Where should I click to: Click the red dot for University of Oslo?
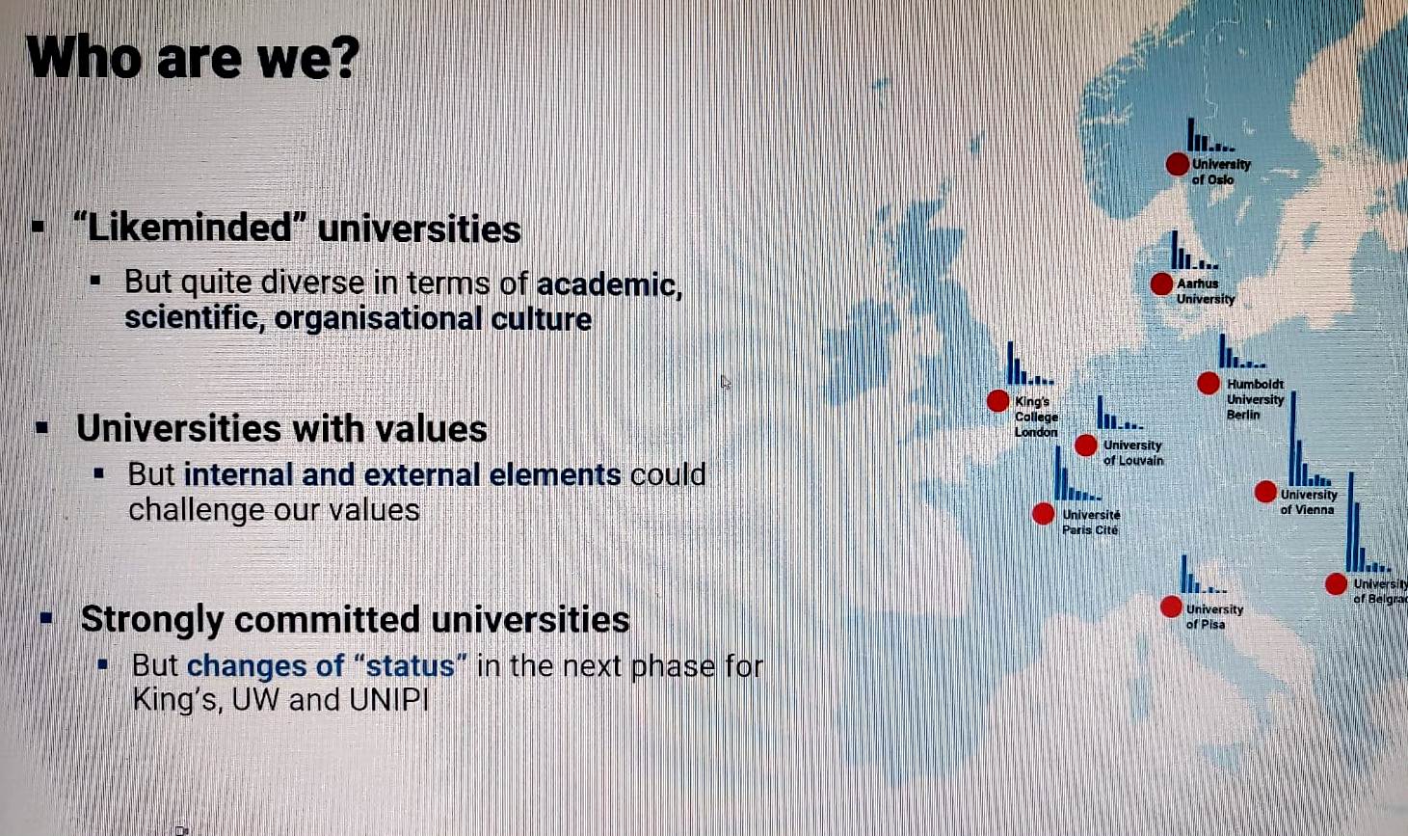point(1178,165)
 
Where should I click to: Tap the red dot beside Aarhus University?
point(1161,284)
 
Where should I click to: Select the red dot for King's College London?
point(997,401)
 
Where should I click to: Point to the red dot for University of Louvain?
point(1085,445)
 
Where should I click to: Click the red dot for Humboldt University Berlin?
point(1209,383)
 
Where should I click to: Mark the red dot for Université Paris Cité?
point(1044,514)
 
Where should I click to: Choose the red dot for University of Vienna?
point(1265,492)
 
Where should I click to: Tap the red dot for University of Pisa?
point(1170,607)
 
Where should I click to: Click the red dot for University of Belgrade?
point(1336,584)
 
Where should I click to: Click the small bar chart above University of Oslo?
point(1210,135)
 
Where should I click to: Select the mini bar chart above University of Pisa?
point(1203,575)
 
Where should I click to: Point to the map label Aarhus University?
point(1206,291)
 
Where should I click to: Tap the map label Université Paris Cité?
point(1091,522)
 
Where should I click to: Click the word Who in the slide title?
point(84,58)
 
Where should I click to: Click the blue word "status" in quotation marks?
point(416,665)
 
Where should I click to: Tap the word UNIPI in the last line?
point(389,700)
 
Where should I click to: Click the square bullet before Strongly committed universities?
point(46,618)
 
